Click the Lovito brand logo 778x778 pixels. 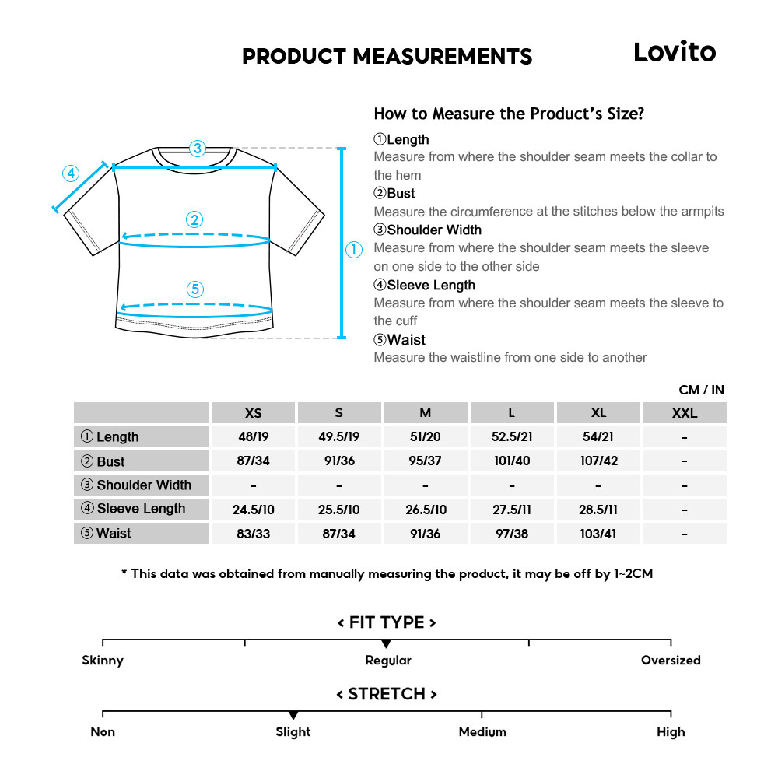coord(674,52)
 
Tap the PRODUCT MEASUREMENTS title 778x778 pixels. coord(387,57)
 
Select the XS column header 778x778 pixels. coord(253,413)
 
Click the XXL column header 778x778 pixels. coord(684,413)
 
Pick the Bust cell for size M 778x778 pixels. coord(425,461)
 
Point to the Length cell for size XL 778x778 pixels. coord(598,437)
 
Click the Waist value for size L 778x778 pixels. coord(511,534)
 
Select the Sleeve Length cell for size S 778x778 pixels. coord(338,510)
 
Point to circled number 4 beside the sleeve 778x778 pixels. coord(71,173)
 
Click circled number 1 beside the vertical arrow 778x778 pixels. coord(354,250)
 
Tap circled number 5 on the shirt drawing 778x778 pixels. coord(195,289)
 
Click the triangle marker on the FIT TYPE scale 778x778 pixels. coord(386,644)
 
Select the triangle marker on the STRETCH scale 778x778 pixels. coord(293,715)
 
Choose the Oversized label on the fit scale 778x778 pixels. coord(671,661)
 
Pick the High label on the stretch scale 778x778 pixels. coord(671,732)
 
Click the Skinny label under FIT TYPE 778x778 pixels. coord(103,661)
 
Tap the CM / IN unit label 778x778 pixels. coord(701,390)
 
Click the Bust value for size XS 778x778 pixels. coord(253,461)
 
